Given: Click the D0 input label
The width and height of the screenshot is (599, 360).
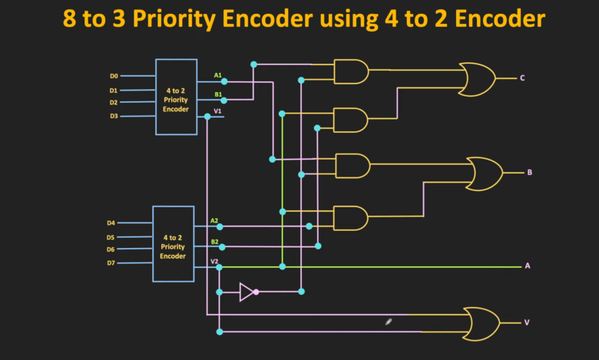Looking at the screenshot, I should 114,76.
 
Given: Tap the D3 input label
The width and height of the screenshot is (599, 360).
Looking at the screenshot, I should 114,116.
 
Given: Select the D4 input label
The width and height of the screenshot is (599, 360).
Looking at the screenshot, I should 111,223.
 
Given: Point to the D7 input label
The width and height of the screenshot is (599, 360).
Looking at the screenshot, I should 111,263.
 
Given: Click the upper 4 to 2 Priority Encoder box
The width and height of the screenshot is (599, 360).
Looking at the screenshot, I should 176,97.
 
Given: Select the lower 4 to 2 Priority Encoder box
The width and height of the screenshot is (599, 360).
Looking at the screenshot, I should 173,243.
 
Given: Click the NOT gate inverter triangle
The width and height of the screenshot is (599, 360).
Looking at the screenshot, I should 247,292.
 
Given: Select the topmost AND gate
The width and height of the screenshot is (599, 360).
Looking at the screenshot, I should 351,71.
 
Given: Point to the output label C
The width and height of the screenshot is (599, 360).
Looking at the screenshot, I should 522,78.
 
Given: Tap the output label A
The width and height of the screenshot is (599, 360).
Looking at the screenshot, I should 528,266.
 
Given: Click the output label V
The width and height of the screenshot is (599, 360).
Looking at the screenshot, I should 526,322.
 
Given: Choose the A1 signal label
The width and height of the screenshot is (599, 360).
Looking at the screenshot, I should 218,75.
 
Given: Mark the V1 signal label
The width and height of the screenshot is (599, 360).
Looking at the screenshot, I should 218,111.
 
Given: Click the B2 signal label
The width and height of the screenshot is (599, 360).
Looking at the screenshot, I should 215,241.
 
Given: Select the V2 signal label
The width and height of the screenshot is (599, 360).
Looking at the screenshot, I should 215,261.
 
